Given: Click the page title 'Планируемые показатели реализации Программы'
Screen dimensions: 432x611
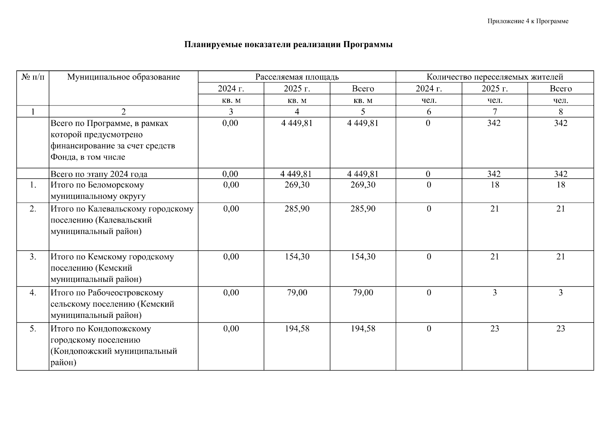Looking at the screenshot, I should click(288, 45).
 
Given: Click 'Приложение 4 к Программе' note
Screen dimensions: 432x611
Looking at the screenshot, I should click(528, 21).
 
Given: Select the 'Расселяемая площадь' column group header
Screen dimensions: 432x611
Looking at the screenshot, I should click(297, 77).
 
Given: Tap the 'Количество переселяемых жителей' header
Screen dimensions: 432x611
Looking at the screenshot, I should click(495, 77).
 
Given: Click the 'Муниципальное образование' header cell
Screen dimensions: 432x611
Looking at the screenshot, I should click(123, 77).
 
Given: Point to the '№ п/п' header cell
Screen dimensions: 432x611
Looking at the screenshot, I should click(33, 77).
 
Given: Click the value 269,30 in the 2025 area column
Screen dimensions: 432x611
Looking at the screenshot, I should click(297, 185).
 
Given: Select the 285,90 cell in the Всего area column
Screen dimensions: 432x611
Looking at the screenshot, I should click(363, 209).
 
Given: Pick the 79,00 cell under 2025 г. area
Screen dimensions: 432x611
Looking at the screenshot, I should click(297, 293).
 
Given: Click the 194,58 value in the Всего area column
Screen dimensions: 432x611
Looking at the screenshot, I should click(363, 329).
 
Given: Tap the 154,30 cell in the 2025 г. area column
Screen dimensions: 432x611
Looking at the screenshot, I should click(297, 257).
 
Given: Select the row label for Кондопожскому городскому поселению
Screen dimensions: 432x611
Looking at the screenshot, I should click(113, 346).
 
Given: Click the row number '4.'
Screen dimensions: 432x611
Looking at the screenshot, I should click(33, 293).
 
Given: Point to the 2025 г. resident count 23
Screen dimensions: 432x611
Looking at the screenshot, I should click(495, 329).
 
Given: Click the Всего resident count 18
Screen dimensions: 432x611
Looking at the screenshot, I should click(561, 185).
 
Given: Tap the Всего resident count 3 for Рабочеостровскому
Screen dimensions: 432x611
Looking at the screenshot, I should click(561, 293).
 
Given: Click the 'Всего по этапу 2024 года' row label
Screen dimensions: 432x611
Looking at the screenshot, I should click(99, 174).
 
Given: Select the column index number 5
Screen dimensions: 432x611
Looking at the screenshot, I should click(363, 112).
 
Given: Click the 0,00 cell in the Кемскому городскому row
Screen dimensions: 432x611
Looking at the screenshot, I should click(231, 257).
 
